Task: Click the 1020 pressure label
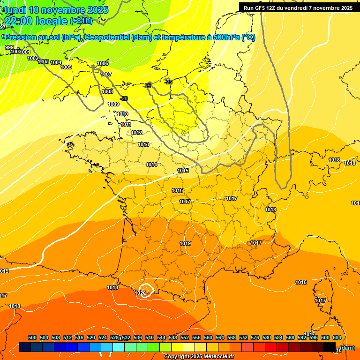point(140,293)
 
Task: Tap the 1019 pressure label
point(185,243)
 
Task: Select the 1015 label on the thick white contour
point(183,171)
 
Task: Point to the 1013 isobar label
point(143,144)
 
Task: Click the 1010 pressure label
point(122,114)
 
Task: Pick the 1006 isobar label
point(103,63)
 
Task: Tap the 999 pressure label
point(9,47)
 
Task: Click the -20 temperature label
point(124,98)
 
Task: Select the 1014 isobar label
point(151,165)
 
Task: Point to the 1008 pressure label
point(107,91)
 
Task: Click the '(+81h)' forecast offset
point(81,21)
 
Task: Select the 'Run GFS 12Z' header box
point(298,8)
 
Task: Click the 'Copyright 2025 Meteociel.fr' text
point(199,357)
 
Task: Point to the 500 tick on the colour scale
point(32,337)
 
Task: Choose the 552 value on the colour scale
point(185,337)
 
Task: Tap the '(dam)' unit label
point(347,348)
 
